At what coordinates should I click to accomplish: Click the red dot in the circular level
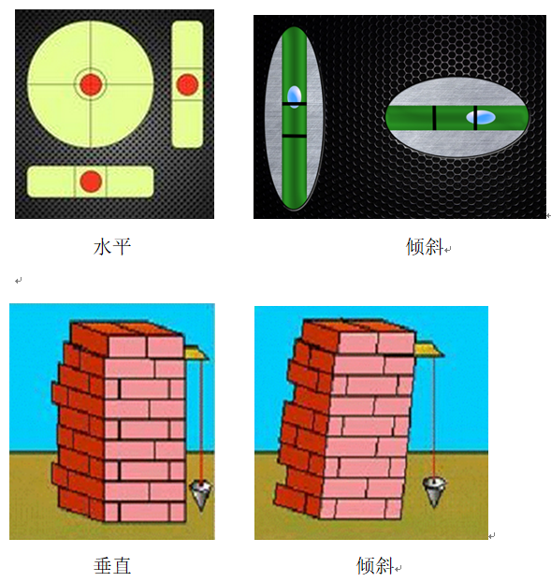click(x=91, y=84)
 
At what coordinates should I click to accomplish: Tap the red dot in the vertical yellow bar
click(x=187, y=84)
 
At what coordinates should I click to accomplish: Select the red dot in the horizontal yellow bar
click(x=91, y=182)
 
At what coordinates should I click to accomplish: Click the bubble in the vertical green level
click(x=295, y=97)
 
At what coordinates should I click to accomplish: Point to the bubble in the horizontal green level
click(x=481, y=117)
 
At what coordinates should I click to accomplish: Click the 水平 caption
click(x=112, y=247)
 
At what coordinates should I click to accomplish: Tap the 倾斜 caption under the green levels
click(x=425, y=247)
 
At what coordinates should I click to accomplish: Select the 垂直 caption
click(x=112, y=566)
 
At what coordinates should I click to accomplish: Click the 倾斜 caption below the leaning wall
click(x=375, y=566)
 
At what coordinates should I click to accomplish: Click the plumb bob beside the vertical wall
click(x=201, y=495)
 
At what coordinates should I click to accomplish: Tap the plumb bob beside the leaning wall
click(x=434, y=492)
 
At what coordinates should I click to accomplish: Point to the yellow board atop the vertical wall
click(x=196, y=353)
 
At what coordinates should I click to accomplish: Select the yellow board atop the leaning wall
click(x=429, y=350)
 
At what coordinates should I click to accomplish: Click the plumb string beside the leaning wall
click(x=434, y=418)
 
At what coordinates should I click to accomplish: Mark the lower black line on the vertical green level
click(x=295, y=137)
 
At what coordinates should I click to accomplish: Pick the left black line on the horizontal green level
click(x=434, y=118)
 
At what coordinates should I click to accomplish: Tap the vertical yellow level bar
click(x=187, y=84)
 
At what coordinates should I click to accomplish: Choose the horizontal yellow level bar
click(x=91, y=182)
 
